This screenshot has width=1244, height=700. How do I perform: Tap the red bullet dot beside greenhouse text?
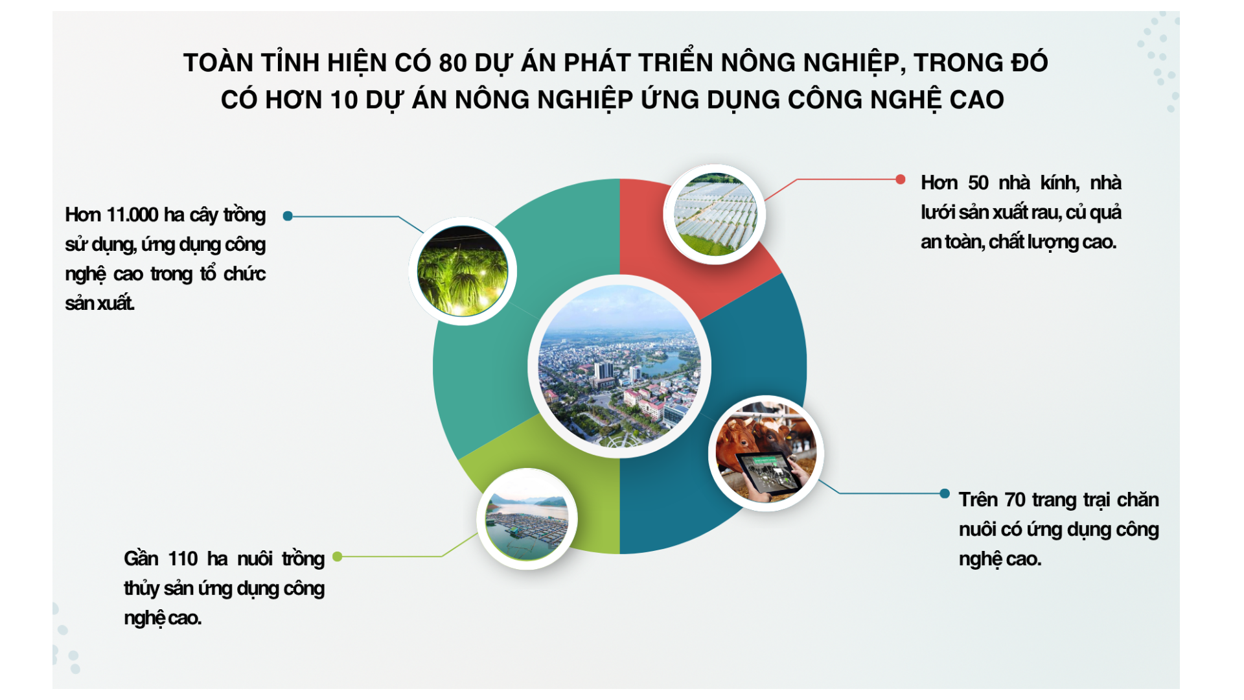click(x=901, y=180)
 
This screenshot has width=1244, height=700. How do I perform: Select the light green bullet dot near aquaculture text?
click(x=337, y=556)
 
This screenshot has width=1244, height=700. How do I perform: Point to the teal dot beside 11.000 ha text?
click(x=288, y=216)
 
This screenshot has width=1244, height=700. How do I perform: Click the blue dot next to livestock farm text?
click(x=945, y=493)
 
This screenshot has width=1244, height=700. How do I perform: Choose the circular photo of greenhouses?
click(x=715, y=215)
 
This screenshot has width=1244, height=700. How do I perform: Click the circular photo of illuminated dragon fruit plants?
click(x=463, y=271)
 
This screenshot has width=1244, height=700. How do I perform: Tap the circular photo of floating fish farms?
click(x=527, y=519)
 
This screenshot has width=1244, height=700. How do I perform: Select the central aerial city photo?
click(x=619, y=366)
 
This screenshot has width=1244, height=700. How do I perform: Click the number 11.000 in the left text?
click(x=132, y=215)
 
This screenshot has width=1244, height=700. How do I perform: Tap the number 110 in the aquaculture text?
click(x=183, y=559)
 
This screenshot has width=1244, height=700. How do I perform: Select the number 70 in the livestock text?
click(x=1015, y=500)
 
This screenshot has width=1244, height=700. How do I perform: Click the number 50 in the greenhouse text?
click(x=978, y=183)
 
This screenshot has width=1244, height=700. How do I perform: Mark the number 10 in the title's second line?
click(x=343, y=100)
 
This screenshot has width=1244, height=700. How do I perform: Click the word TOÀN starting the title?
click(x=218, y=63)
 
